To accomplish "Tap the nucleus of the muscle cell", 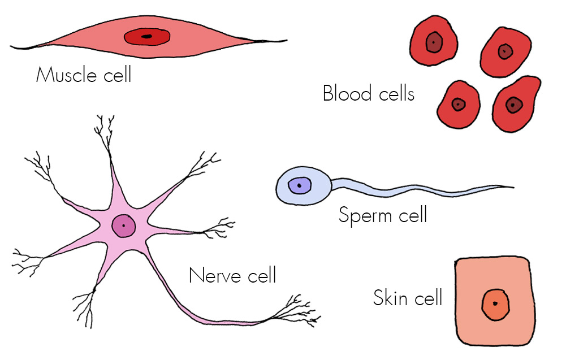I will tap(147, 37).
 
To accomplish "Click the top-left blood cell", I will tap(434, 42).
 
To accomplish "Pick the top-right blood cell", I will tap(505, 52).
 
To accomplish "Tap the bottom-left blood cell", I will tap(459, 104).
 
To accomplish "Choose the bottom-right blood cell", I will tap(514, 105).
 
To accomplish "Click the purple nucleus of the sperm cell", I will tap(299, 185).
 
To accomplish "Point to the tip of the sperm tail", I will tap(512, 187).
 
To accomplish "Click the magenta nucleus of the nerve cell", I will tap(124, 227).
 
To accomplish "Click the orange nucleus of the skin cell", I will tap(495, 305).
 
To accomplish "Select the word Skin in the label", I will tap(391, 297).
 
